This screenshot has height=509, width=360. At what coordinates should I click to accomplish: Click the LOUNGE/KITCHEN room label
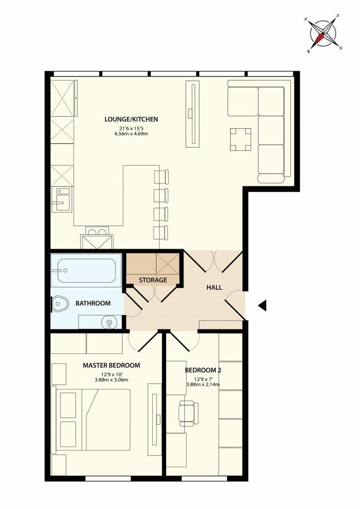131,119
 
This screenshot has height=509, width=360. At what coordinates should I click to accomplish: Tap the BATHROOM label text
93,303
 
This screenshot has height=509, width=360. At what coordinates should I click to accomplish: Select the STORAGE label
153,280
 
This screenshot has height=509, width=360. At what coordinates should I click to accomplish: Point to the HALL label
214,287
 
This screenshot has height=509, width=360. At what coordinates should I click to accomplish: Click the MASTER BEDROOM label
111,365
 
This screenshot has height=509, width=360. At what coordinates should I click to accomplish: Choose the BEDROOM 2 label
203,370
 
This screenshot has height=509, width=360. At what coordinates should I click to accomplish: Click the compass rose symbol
323,33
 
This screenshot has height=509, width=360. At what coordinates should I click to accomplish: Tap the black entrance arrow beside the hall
262,305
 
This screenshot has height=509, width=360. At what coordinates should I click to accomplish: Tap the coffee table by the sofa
241,140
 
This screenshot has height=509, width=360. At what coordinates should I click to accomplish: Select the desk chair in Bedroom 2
188,413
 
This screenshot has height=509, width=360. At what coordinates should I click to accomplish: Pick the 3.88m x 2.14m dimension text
203,385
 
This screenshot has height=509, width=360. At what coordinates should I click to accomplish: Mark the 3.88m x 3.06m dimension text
111,380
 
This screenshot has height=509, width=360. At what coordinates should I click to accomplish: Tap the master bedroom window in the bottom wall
108,478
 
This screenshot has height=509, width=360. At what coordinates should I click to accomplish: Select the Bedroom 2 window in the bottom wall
204,478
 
